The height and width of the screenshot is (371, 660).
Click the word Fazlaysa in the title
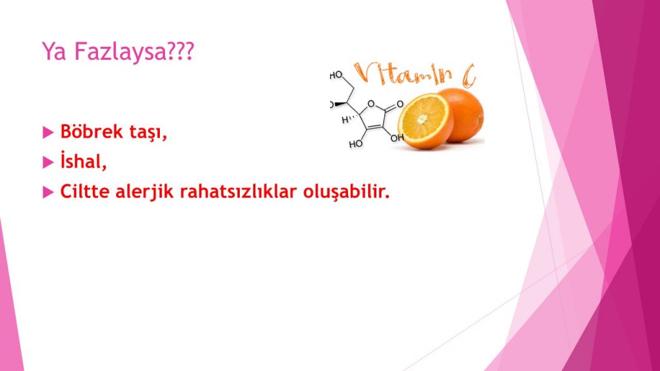120,52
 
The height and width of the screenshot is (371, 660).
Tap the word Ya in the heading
54,52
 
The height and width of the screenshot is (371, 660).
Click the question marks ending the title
180,51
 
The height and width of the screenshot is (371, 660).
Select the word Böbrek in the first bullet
92,131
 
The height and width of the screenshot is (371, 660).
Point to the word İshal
83,160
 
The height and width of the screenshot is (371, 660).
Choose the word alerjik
144,192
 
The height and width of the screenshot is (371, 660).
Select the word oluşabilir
346,192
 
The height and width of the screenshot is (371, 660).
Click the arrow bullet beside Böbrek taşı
48,132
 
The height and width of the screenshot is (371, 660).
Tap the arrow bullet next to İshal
48,162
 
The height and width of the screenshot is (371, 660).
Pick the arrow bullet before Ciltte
48,193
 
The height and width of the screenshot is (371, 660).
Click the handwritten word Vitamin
403,73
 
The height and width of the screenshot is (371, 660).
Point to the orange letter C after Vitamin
468,76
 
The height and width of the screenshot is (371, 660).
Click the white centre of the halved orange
422,119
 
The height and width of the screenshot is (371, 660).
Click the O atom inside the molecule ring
371,104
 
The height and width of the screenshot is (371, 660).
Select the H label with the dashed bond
345,119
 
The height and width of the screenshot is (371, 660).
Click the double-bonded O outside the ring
400,104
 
